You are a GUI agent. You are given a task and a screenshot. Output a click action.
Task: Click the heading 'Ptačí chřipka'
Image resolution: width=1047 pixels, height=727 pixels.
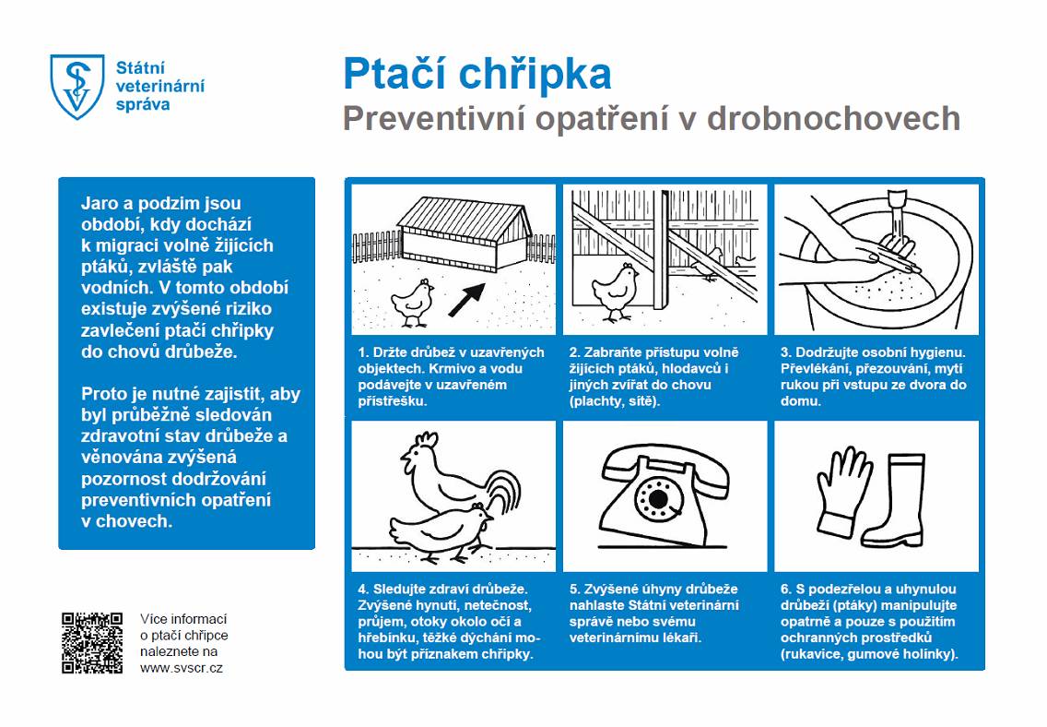click(476, 73)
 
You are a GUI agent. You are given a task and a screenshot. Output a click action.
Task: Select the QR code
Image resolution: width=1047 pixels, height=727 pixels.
click(91, 642)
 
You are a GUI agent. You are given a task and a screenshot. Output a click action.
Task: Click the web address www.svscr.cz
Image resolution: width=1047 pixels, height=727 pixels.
click(181, 667)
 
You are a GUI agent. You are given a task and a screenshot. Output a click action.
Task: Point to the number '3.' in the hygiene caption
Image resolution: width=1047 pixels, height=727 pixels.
click(786, 352)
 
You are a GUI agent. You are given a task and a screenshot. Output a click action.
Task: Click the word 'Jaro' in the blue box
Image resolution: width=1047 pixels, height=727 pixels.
click(100, 204)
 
